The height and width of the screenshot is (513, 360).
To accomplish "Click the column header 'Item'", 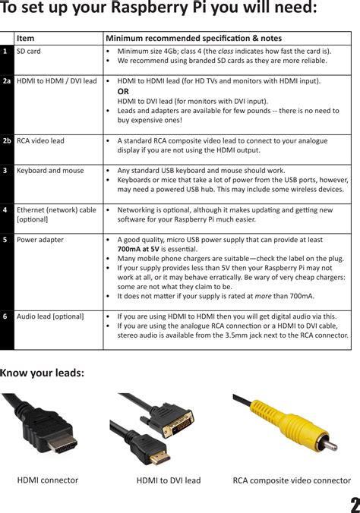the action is (x=25, y=38).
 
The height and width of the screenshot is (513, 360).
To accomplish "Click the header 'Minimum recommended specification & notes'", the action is (x=193, y=38).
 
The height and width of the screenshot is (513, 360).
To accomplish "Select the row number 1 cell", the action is (x=5, y=51).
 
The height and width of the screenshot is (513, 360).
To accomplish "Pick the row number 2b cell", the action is (x=7, y=140).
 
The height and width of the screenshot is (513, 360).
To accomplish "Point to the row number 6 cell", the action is (x=5, y=316).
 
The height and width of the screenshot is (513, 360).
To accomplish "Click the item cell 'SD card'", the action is (x=29, y=51).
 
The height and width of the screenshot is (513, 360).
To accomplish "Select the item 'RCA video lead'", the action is (x=40, y=140).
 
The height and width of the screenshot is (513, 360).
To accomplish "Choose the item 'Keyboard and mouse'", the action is (x=50, y=171).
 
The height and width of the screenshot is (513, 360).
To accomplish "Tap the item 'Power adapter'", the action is (x=40, y=240).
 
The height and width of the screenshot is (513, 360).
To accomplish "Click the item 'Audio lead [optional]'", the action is (x=50, y=316).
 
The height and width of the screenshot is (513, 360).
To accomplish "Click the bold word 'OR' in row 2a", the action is (x=123, y=90).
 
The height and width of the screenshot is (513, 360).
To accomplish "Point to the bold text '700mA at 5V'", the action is (x=138, y=249).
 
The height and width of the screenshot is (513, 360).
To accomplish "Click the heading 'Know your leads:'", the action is (x=42, y=372).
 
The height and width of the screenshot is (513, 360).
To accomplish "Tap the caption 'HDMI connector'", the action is (x=48, y=480).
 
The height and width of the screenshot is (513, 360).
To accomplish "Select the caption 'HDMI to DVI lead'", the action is (x=169, y=480).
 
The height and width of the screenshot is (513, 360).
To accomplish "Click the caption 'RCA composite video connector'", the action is (x=292, y=480).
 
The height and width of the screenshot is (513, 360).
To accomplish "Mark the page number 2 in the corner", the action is (x=354, y=504).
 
